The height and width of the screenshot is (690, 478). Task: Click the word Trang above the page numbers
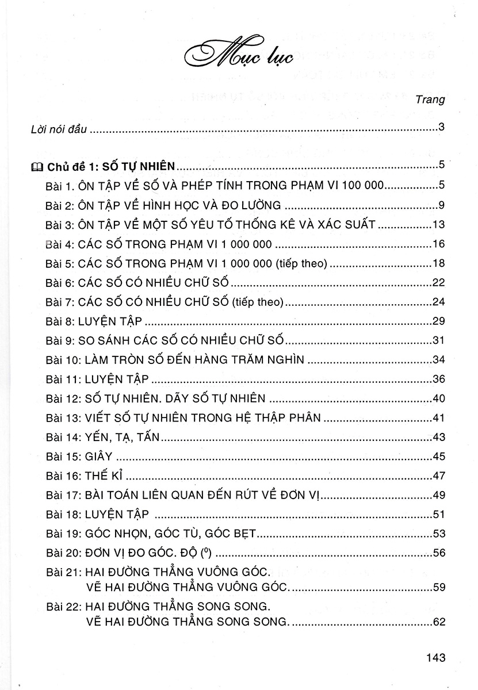pos(431,99)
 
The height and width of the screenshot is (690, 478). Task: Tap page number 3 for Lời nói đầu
pos(441,127)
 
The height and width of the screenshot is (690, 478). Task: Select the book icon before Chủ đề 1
pos(36,167)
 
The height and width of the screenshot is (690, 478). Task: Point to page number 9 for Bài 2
pos(441,205)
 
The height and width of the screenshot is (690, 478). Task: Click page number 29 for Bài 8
pos(438,322)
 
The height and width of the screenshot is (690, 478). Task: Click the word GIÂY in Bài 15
pos(98,458)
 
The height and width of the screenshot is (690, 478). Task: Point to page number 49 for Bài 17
pos(438,497)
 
